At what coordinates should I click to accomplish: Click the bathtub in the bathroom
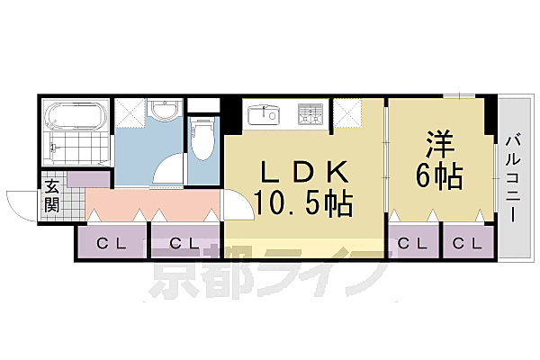coord(76,116)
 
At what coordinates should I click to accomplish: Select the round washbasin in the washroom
coord(164,112)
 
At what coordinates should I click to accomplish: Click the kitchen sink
coord(267,114)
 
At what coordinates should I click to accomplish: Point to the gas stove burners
coord(311,114)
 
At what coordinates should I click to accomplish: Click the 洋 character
coord(441,144)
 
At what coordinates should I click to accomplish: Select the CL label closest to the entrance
coord(111,242)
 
